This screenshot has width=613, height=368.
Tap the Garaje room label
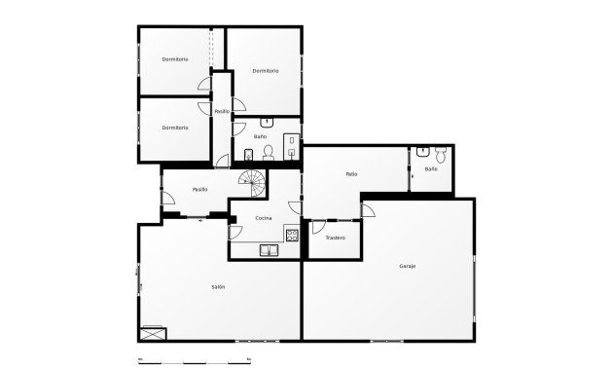point(408,266)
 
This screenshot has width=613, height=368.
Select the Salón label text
point(219,286)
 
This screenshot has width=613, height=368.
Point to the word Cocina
point(264,218)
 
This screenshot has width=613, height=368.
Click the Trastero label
point(335,238)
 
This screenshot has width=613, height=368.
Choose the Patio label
point(351,174)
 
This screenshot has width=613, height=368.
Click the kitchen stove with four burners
point(291,234)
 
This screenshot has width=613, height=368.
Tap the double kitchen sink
point(269,250)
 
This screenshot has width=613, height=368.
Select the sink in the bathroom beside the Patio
point(422,151)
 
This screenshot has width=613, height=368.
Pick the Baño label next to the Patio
point(431,169)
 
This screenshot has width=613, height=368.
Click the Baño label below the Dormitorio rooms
point(260,136)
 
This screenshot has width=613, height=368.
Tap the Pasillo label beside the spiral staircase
point(200,189)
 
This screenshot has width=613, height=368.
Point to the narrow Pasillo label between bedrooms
point(222,111)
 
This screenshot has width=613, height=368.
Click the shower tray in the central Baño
point(291,144)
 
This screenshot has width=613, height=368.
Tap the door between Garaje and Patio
point(367,210)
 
